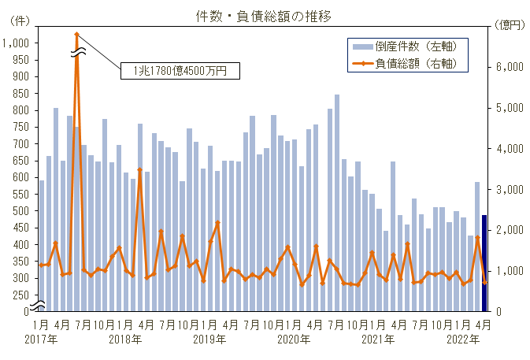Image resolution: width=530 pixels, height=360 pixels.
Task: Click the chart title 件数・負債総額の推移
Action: point(264,15)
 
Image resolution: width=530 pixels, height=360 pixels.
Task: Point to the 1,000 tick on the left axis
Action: point(15,43)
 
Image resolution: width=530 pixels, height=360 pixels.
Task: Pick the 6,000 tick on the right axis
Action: point(511,68)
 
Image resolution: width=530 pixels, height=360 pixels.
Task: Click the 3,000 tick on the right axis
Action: point(511,190)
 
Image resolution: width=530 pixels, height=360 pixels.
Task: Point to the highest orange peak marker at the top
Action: point(76,35)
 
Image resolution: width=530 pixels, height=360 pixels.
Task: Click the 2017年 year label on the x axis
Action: point(41,340)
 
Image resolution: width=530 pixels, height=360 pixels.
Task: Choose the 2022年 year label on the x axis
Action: point(463,340)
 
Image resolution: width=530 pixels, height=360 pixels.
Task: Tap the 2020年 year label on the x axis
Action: point(295,340)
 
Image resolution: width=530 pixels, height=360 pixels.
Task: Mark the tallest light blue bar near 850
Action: point(337,202)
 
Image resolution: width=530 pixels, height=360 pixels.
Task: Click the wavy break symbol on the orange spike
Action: point(76,52)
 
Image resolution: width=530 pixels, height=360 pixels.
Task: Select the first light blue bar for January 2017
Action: point(42,245)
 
